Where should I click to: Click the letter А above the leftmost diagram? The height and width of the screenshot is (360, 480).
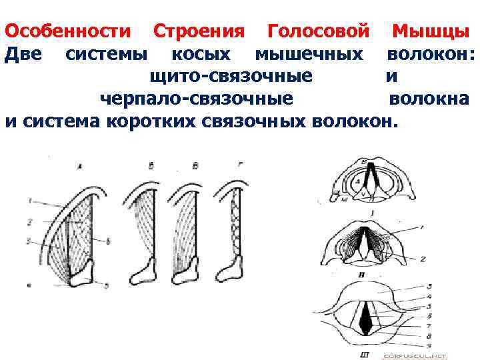(80, 165)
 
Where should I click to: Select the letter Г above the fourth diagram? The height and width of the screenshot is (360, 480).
(239, 164)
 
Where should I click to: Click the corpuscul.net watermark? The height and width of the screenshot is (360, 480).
(421, 357)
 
